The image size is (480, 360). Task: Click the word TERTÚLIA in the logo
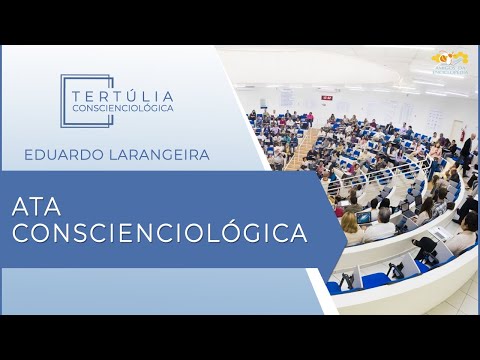pos(123,93)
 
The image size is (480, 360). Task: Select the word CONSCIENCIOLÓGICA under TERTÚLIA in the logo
pos(123,107)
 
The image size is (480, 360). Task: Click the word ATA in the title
pos(39,208)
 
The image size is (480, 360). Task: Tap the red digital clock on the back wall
pos(326,97)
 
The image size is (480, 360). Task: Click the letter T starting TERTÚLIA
pos(79,93)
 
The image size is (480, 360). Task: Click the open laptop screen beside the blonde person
pos(365,216)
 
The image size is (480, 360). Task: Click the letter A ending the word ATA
pos(57,208)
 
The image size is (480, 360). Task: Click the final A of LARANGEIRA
pos(205,154)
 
